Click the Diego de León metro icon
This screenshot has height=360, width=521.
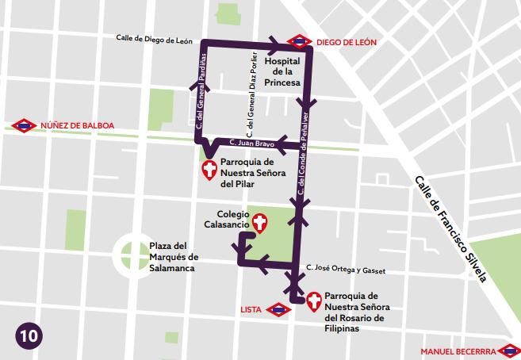(x=299, y=41)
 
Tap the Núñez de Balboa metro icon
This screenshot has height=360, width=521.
(x=24, y=125)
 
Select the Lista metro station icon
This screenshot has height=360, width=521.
(x=278, y=309)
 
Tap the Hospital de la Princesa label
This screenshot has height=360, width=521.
(x=282, y=72)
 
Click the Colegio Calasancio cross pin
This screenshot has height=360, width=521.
(x=259, y=222)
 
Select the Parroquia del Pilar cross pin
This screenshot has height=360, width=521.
(x=210, y=169)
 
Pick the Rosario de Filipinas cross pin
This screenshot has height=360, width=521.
(x=314, y=300)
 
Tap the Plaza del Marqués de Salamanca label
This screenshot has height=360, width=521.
(x=173, y=257)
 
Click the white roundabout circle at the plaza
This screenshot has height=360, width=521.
(x=129, y=255)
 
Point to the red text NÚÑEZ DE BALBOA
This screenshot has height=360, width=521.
(x=77, y=125)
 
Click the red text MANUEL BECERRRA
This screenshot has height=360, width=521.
(x=458, y=350)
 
